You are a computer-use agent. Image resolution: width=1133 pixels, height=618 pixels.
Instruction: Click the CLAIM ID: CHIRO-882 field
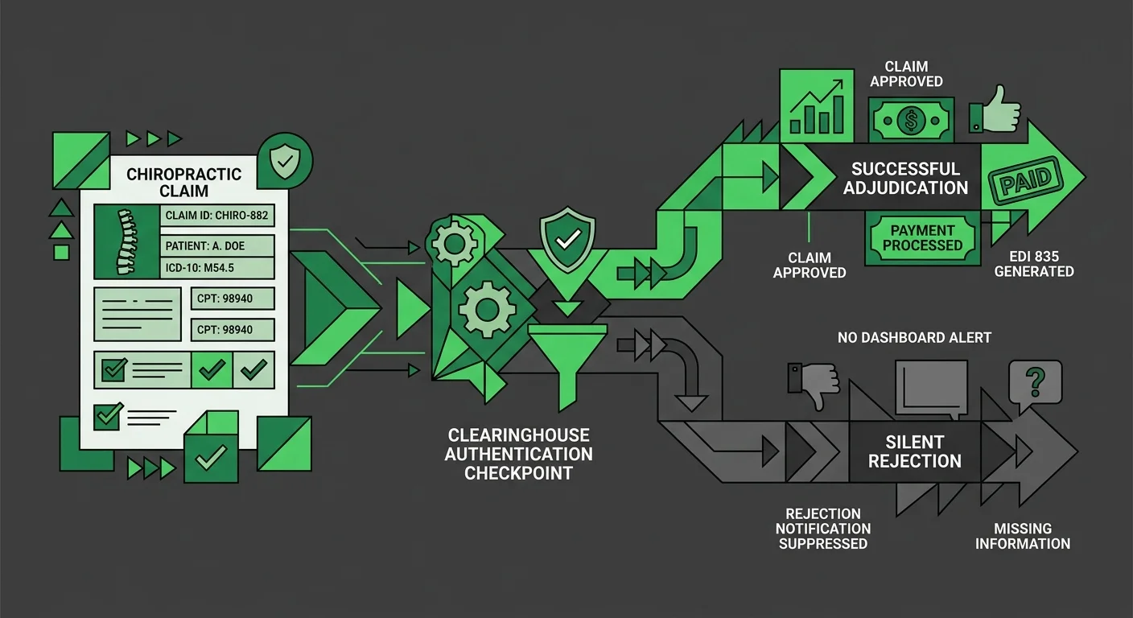click(x=216, y=216)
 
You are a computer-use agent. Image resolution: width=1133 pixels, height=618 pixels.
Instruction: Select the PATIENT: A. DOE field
click(x=216, y=246)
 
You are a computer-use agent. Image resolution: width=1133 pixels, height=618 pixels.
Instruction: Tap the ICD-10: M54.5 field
click(x=216, y=268)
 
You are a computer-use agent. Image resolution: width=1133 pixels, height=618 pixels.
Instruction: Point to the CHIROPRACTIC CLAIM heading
click(x=184, y=183)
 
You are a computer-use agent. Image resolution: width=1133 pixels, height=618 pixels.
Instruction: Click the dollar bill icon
click(x=910, y=120)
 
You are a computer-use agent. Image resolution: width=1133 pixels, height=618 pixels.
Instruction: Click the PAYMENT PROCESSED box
click(x=922, y=237)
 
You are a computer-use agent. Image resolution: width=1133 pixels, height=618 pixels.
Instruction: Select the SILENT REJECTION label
click(x=915, y=451)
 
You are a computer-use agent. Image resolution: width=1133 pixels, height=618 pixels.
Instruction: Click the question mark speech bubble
click(x=1035, y=381)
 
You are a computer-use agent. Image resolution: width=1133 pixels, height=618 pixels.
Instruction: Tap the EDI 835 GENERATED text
click(x=1034, y=264)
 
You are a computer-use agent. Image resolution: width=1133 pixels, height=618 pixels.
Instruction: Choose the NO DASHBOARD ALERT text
click(x=913, y=337)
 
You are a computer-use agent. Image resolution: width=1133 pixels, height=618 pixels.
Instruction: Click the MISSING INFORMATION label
click(x=1023, y=536)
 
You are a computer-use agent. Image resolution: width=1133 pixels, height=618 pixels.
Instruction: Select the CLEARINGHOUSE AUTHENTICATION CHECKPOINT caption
click(x=519, y=454)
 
